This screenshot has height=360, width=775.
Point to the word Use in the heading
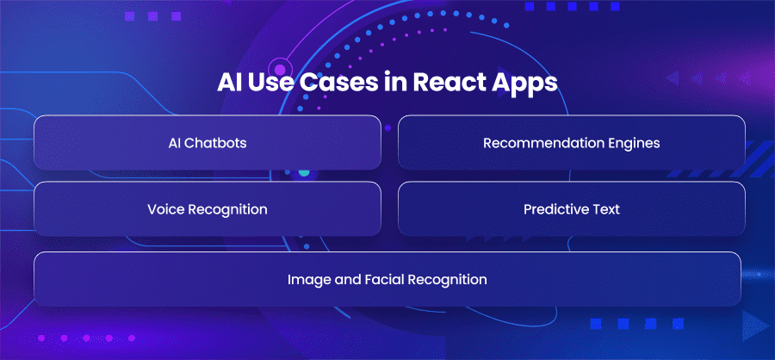pyautogui.click(x=272, y=83)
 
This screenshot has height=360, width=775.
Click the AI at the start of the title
pyautogui.click(x=229, y=83)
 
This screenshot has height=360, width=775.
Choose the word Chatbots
pyautogui.click(x=215, y=143)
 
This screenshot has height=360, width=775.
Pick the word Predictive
pyautogui.click(x=554, y=209)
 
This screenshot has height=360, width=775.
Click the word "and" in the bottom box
pyautogui.click(x=343, y=279)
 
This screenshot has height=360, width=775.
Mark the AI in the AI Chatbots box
pyautogui.click(x=175, y=143)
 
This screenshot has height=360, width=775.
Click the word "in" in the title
pyautogui.click(x=396, y=83)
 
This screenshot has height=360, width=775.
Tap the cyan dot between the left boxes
pyautogui.click(x=304, y=172)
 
